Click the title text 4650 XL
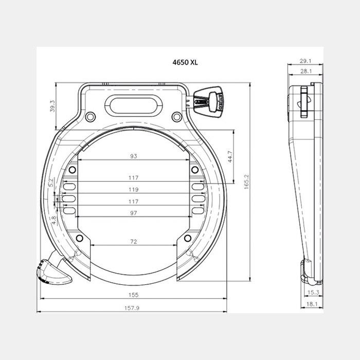pyautogui.click(x=185, y=62)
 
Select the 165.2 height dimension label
pyautogui.click(x=246, y=182)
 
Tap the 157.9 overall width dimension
pyautogui.click(x=132, y=308)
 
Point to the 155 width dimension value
pyautogui.click(x=133, y=295)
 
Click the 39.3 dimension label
pyautogui.click(x=52, y=106)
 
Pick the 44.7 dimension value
pyautogui.click(x=230, y=156)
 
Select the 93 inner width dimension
pyautogui.click(x=133, y=156)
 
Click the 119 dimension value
pyautogui.click(x=133, y=189)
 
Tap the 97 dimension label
pyautogui.click(x=133, y=213)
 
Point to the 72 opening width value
pyautogui.click(x=133, y=242)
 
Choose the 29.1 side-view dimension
pyautogui.click(x=305, y=61)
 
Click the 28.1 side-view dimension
pyautogui.click(x=306, y=71)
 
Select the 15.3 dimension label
pyautogui.click(x=313, y=292)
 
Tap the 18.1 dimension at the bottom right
pyautogui.click(x=312, y=304)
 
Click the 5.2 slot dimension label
pyautogui.click(x=51, y=182)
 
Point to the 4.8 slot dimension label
pyautogui.click(x=53, y=220)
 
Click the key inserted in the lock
pyautogui.click(x=208, y=102)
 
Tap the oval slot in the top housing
pyautogui.click(x=134, y=105)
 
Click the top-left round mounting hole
pyautogui.click(x=90, y=117)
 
